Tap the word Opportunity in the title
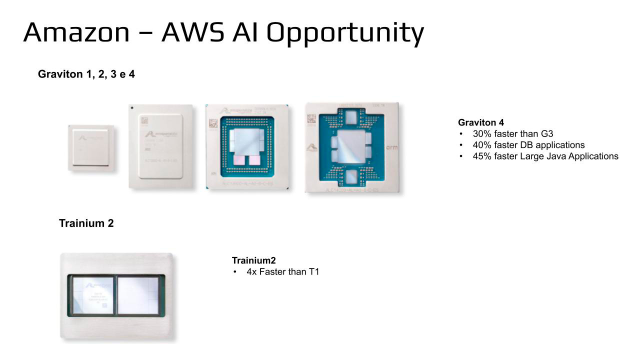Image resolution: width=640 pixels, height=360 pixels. pos(345,33)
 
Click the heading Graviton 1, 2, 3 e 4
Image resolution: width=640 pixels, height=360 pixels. pos(86,74)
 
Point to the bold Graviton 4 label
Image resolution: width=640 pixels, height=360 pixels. pos(481,122)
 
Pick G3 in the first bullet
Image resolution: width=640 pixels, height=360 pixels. pos(547,134)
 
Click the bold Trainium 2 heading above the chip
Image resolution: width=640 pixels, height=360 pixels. pos(86,223)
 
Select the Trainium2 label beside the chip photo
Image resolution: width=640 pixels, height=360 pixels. pos(254,260)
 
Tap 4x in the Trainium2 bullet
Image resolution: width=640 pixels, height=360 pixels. pos(251,272)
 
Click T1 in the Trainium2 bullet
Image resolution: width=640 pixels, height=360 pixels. pos(313,272)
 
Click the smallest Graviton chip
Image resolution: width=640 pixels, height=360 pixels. pos(91,148)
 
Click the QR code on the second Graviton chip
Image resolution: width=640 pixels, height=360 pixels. pos(144,120)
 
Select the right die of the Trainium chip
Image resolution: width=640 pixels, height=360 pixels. pos(137,294)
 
